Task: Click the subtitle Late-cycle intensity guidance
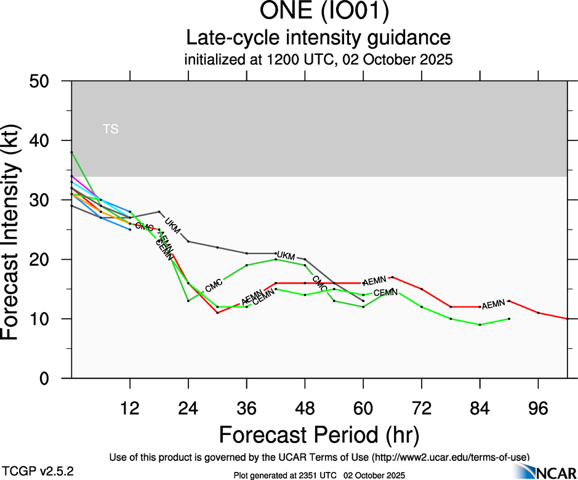318,38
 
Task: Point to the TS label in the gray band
111,129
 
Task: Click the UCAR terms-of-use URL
449,457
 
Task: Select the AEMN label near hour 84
494,305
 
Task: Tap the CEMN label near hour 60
385,292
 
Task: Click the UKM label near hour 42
287,255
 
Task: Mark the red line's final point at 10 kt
567,319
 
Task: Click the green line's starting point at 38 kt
71,152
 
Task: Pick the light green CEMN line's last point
509,319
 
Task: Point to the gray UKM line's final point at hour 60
363,301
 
